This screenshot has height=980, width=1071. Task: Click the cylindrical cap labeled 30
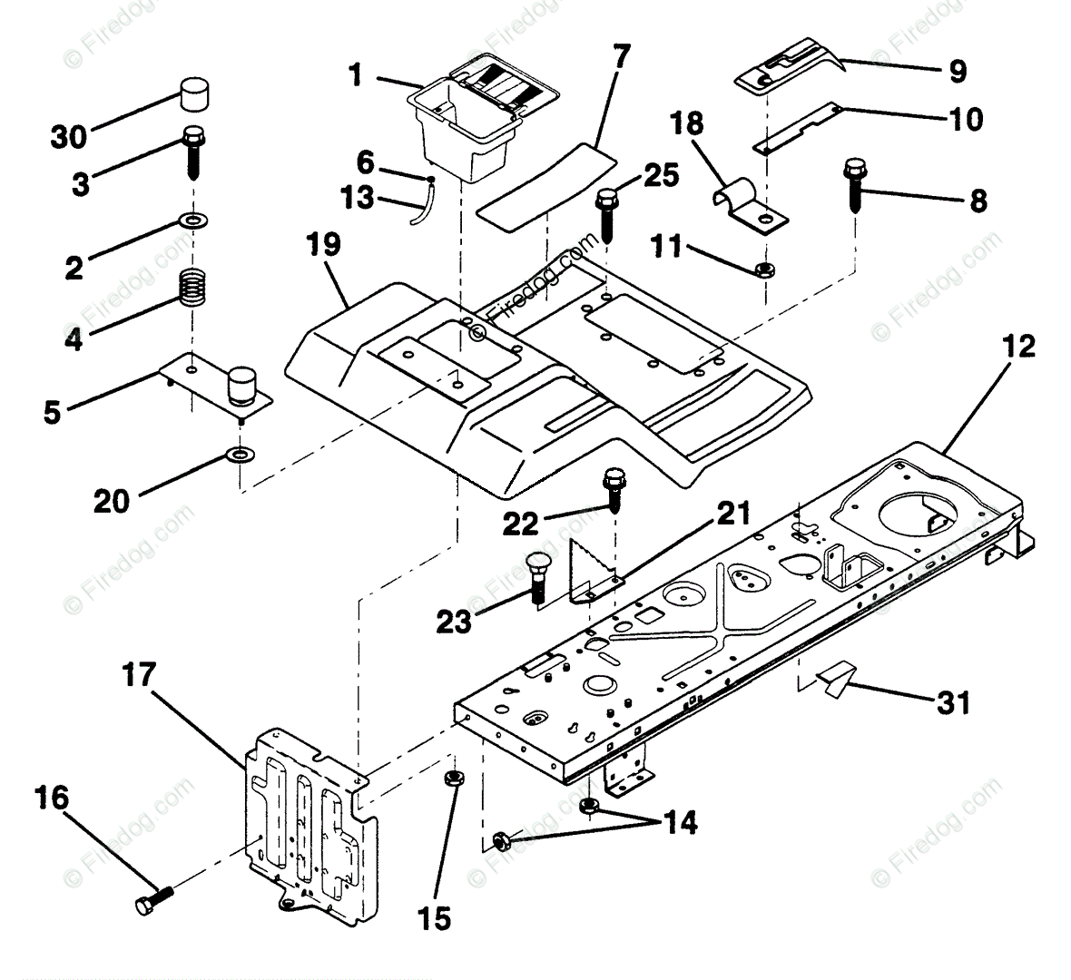click(x=194, y=94)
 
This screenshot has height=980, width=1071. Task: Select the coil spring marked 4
click(x=192, y=288)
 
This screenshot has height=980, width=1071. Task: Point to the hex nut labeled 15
click(x=452, y=778)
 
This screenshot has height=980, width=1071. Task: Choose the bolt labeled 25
click(x=606, y=214)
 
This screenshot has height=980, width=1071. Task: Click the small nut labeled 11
click(x=764, y=269)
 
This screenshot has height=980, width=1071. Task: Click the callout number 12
click(x=1018, y=346)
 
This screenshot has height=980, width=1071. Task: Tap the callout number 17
click(x=140, y=675)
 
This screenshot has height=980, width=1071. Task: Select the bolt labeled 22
click(x=614, y=489)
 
